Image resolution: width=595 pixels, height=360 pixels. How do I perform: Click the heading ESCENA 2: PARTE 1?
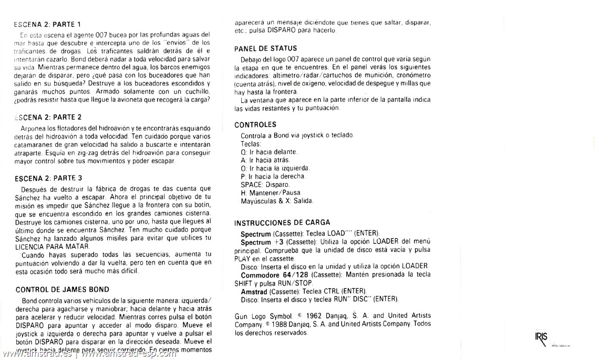coord(47,24)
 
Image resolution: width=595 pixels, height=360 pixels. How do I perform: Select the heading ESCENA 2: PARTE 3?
coord(49,178)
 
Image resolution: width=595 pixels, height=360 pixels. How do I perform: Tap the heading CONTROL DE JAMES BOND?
coord(62,289)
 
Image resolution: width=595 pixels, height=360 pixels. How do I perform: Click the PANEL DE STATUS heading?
coord(266,48)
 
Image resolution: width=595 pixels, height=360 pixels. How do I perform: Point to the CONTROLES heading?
coord(255,125)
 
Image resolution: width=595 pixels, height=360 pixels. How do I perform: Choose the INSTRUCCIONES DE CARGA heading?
coord(282,223)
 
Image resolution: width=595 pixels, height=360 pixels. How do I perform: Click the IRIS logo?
coord(542,338)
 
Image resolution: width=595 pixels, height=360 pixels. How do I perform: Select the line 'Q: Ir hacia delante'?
coord(269,152)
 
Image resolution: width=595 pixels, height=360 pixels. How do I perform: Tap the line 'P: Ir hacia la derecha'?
coord(273,176)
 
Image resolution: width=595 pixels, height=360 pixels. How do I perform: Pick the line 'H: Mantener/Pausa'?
coord(271,192)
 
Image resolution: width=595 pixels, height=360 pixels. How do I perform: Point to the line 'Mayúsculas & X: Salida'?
coord(277,201)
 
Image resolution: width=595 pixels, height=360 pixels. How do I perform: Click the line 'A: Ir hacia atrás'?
coord(265,160)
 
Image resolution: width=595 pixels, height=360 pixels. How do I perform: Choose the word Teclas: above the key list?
coord(251,143)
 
